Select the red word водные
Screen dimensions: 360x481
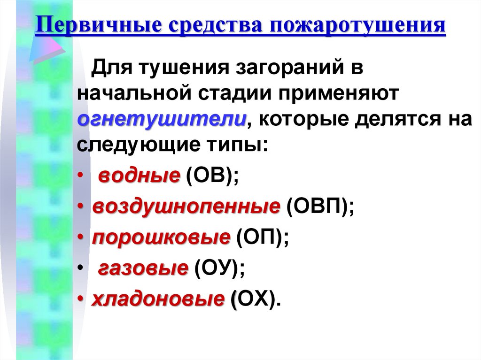point(140,176)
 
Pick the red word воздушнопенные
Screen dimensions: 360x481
point(186,207)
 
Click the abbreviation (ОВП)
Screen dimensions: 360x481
point(319,207)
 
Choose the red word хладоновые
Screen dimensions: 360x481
point(157,299)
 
